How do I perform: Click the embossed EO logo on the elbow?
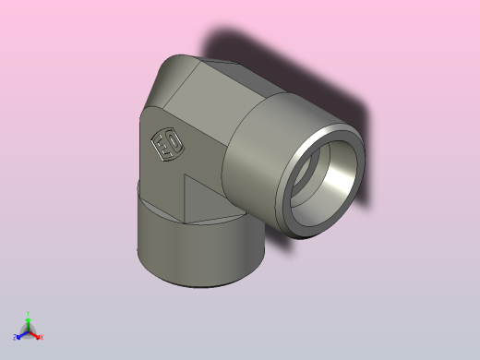click(167, 145)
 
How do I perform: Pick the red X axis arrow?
click(36, 335)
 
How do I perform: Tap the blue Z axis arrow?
click(21, 335)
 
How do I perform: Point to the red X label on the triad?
click(42, 338)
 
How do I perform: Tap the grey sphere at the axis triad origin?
click(29, 330)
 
